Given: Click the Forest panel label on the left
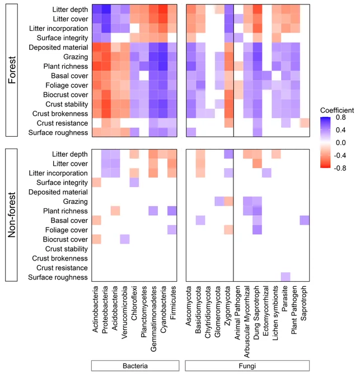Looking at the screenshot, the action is click(x=12, y=70).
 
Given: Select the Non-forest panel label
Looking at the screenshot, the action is click(x=12, y=215).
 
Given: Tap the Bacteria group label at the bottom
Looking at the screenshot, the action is click(x=135, y=366).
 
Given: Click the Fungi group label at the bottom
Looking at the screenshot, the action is click(x=247, y=366).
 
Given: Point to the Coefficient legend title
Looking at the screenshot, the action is click(x=337, y=110).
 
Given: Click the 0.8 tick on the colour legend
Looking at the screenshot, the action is click(x=340, y=118).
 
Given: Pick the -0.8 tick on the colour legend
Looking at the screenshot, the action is click(x=340, y=168).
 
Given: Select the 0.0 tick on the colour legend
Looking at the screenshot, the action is click(x=340, y=143).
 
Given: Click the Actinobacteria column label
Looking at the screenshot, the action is click(x=95, y=309).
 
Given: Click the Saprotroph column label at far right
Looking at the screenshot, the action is click(x=303, y=303).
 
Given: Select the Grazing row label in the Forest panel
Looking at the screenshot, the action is click(x=76, y=57).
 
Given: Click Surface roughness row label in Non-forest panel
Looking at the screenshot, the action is click(x=58, y=277).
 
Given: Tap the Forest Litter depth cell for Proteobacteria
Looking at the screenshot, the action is click(x=106, y=9).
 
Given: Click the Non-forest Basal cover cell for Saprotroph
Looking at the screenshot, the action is click(x=305, y=220).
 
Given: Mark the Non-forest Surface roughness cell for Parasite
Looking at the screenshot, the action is click(x=286, y=277).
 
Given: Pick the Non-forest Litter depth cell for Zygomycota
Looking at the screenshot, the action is click(x=228, y=154).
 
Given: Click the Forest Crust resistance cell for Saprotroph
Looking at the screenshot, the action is click(x=305, y=123).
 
